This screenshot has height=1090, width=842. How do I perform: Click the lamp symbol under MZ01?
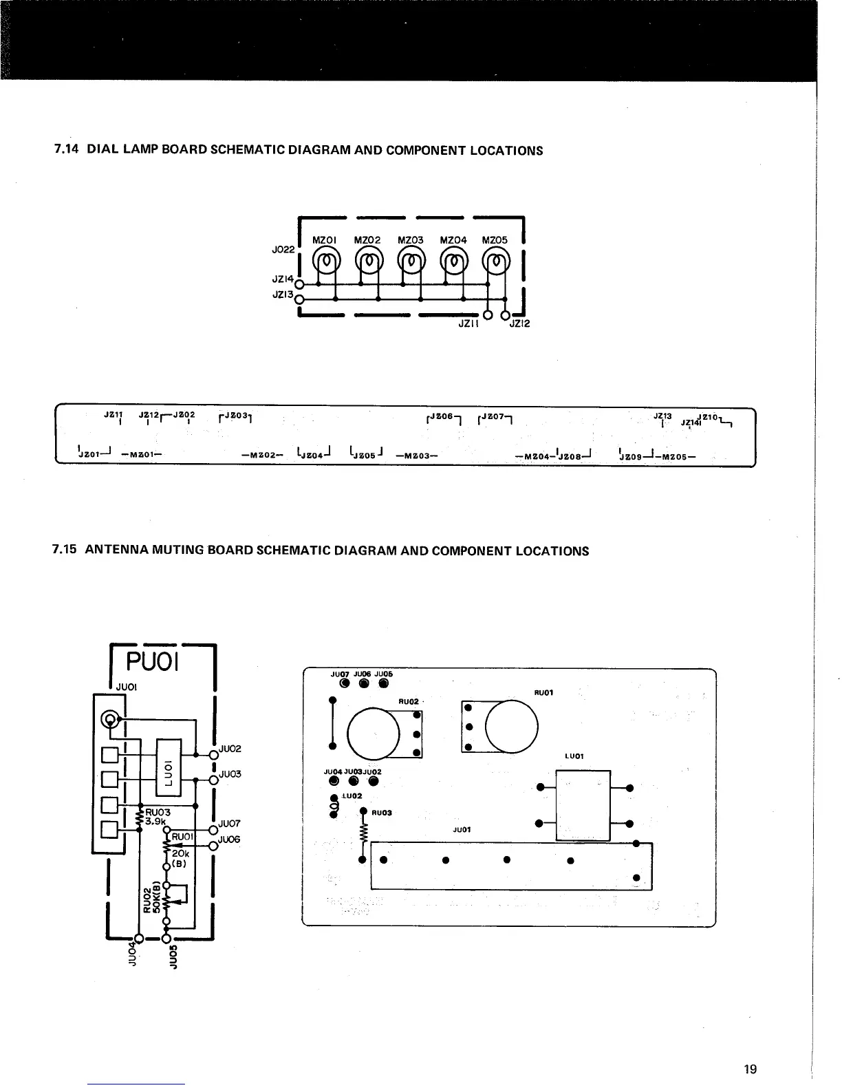coord(325,261)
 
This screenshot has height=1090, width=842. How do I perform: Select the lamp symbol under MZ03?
coord(411,261)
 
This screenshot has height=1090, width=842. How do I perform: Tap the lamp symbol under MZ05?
coord(496,261)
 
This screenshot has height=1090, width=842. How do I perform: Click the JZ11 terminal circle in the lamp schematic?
coord(488,316)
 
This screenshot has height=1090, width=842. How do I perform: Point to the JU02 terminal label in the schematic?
coord(229,749)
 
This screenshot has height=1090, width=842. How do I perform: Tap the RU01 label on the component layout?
coord(543,693)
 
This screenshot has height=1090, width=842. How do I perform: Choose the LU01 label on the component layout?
coord(574,756)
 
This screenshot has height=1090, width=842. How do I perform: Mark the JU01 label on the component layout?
coord(461,829)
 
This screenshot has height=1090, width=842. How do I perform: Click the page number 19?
coord(750,1069)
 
